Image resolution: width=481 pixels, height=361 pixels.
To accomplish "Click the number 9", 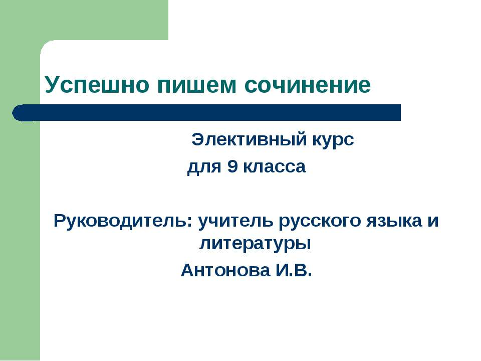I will tap(232, 167).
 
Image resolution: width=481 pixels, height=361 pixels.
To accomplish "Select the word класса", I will tap(274, 167).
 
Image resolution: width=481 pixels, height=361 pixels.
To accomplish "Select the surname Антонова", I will tap(225, 271).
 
